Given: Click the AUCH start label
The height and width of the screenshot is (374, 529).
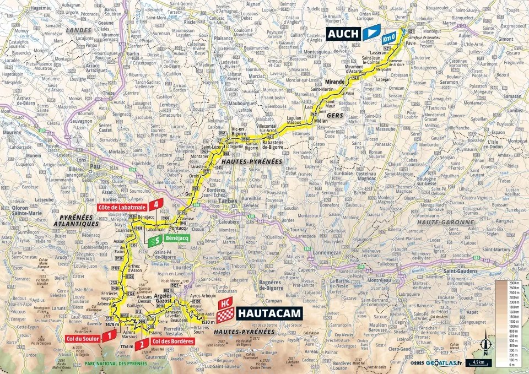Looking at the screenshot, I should [x=343, y=34].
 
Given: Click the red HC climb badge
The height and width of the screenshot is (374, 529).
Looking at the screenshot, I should [x=224, y=303].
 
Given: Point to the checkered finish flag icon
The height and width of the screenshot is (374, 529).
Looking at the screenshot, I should [x=224, y=316].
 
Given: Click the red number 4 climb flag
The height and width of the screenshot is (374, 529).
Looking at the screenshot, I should [x=158, y=204].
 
